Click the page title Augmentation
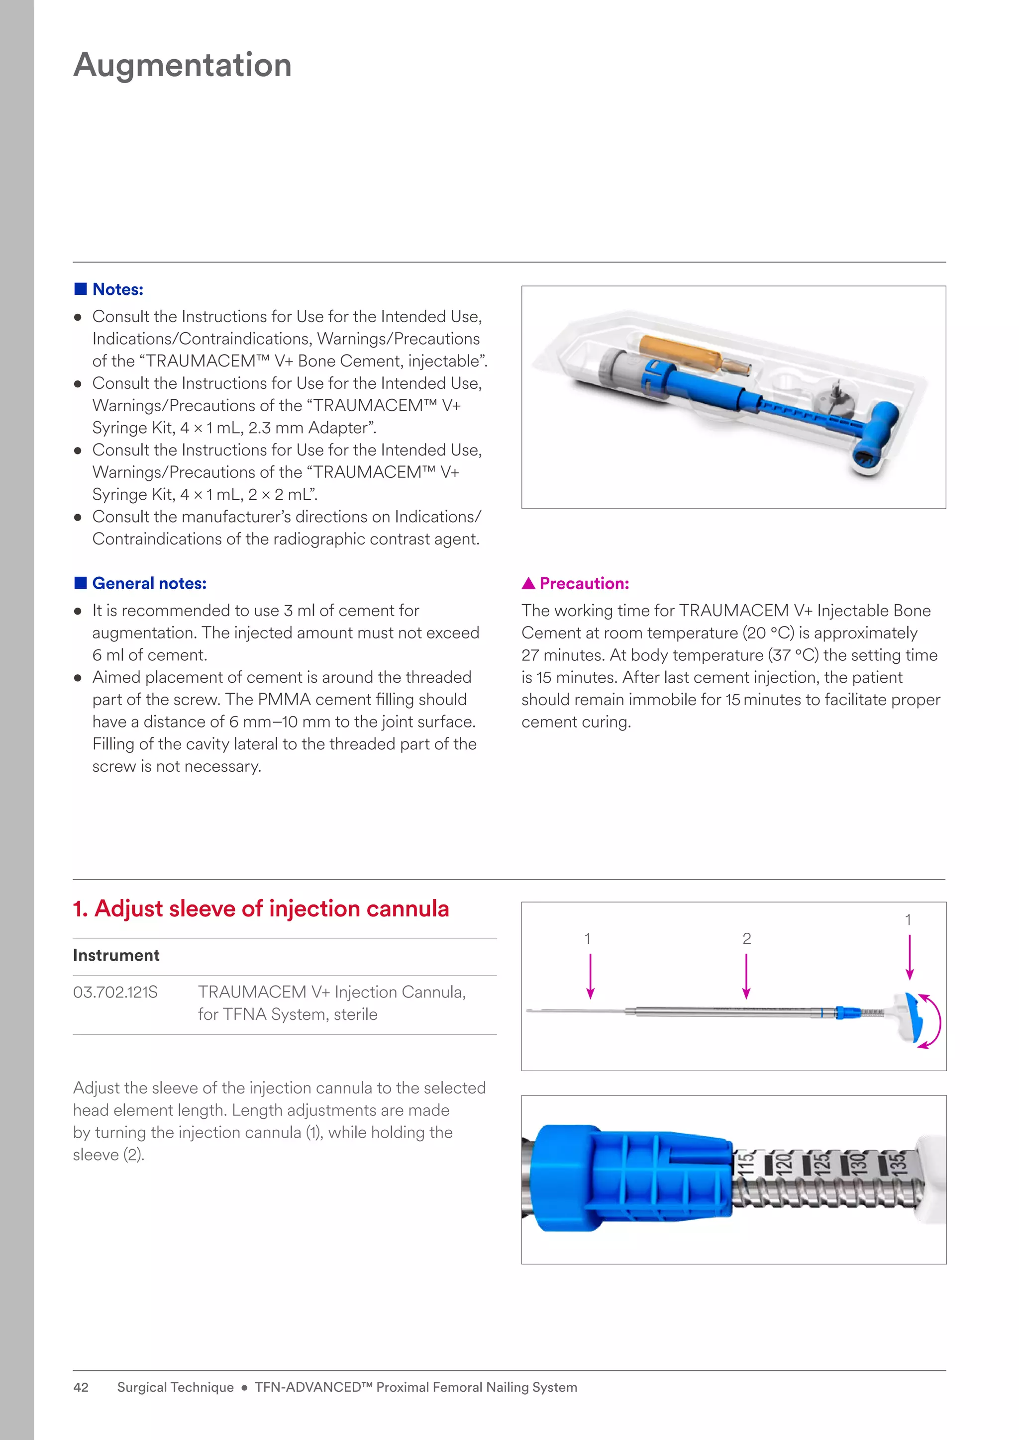pyautogui.click(x=183, y=65)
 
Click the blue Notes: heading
pyautogui.click(x=117, y=290)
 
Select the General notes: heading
pyautogui.click(x=149, y=584)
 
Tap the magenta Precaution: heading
pyautogui.click(x=584, y=584)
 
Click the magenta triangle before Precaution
pyautogui.click(x=528, y=584)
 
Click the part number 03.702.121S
pyautogui.click(x=115, y=992)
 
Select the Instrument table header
pyautogui.click(x=116, y=955)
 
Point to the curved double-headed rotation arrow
pyautogui.click(x=933, y=1021)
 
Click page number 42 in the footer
pyautogui.click(x=81, y=1387)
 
